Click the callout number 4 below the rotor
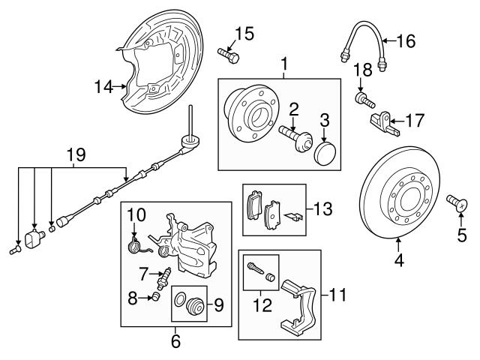[x=399, y=262]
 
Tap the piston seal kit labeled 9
[x=193, y=307]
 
